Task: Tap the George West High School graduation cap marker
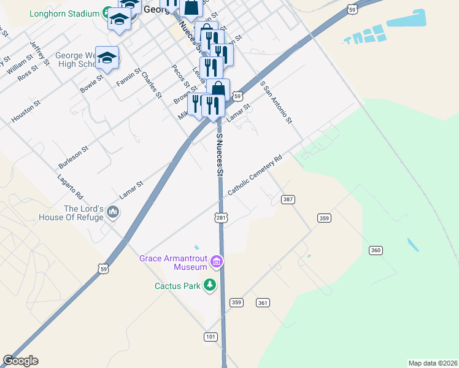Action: pyautogui.click(x=107, y=58)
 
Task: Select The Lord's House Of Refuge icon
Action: pyautogui.click(x=112, y=213)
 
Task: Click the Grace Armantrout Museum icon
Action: pyautogui.click(x=216, y=263)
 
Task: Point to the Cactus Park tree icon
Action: pyautogui.click(x=210, y=285)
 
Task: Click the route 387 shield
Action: pyautogui.click(x=289, y=200)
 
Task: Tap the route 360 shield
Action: pyautogui.click(x=376, y=250)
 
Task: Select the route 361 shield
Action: pyautogui.click(x=263, y=302)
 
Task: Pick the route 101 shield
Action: pyautogui.click(x=210, y=337)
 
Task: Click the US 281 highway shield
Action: pyautogui.click(x=222, y=218)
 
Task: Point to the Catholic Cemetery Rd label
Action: pyautogui.click(x=255, y=175)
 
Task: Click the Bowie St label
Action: pyautogui.click(x=92, y=83)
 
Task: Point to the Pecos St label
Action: pyautogui.click(x=181, y=77)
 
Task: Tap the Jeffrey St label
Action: pyautogui.click(x=39, y=53)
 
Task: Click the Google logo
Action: pyautogui.click(x=20, y=361)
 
